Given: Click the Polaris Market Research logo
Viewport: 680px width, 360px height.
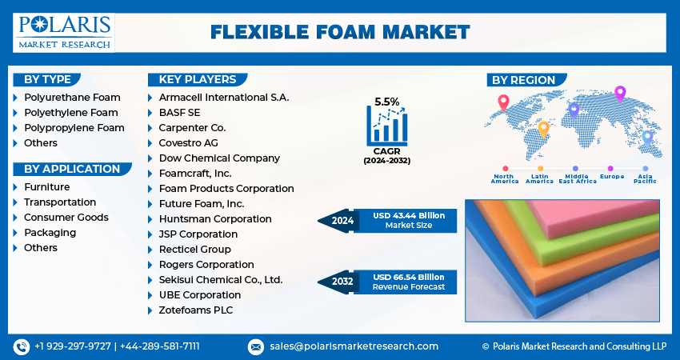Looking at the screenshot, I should click(65, 31).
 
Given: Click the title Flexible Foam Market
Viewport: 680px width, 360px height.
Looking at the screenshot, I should click(340, 32).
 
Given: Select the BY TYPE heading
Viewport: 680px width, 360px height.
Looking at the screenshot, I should click(47, 79).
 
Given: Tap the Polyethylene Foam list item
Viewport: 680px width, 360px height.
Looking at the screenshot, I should click(70, 113).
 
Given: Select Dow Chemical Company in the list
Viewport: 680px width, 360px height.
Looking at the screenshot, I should click(219, 158).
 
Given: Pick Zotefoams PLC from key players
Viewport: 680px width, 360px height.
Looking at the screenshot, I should click(196, 310).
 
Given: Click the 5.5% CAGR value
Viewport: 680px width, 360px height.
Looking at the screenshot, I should click(387, 102).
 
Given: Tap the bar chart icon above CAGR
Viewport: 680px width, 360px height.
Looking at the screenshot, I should click(387, 126).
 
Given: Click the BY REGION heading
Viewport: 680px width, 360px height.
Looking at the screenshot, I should click(523, 79).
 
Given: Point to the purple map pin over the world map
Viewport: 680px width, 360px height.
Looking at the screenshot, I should click(619, 94).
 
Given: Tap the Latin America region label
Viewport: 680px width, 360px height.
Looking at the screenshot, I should click(539, 179).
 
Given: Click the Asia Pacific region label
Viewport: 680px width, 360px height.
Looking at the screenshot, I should click(645, 179).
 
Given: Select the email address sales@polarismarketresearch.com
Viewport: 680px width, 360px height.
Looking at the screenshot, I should click(353, 346).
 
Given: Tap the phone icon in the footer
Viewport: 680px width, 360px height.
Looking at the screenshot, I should click(21, 346).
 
